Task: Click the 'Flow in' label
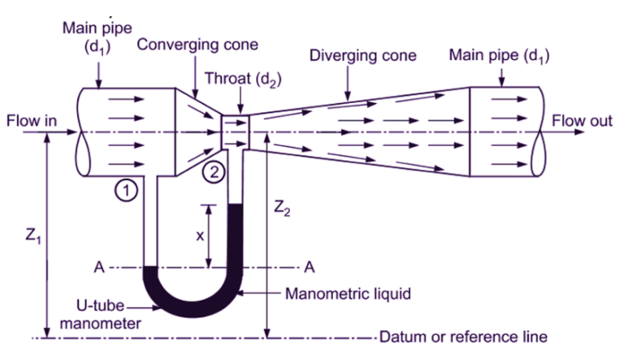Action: [x=32, y=121]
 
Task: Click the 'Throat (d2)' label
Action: [x=240, y=79]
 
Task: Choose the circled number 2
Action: [x=212, y=171]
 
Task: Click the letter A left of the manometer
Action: [x=98, y=266]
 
